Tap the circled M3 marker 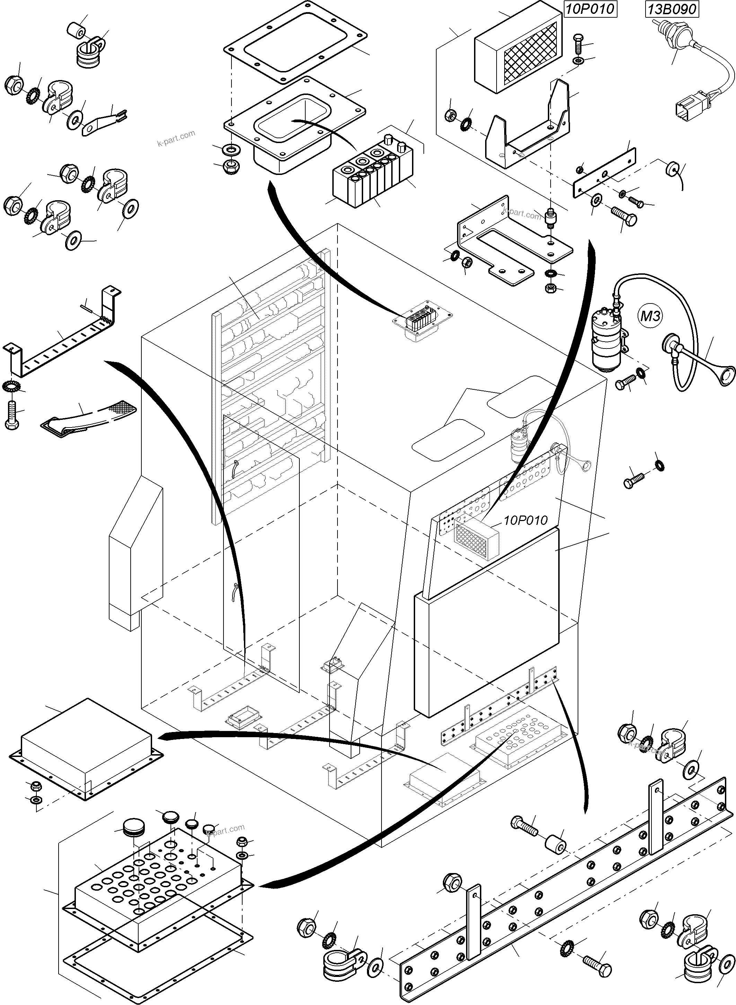click(x=650, y=316)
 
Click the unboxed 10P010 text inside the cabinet click(x=525, y=520)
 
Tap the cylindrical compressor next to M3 click(x=606, y=339)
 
